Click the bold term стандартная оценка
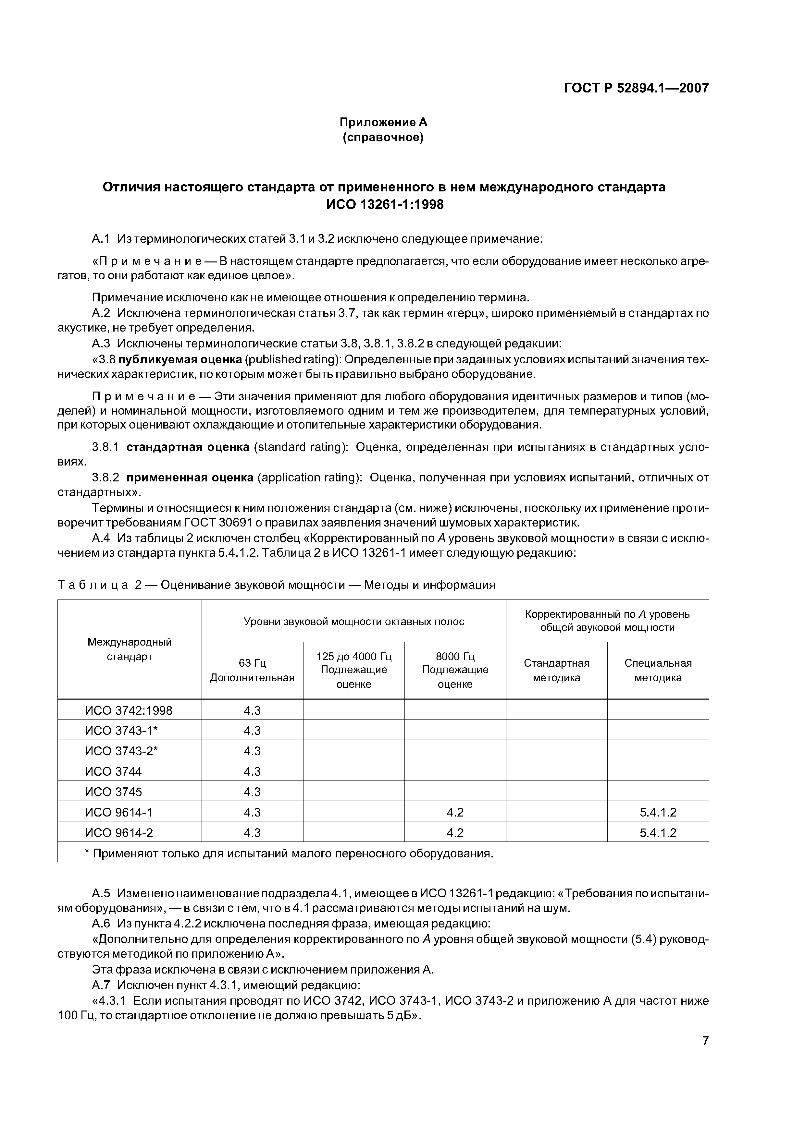coord(188,447)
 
